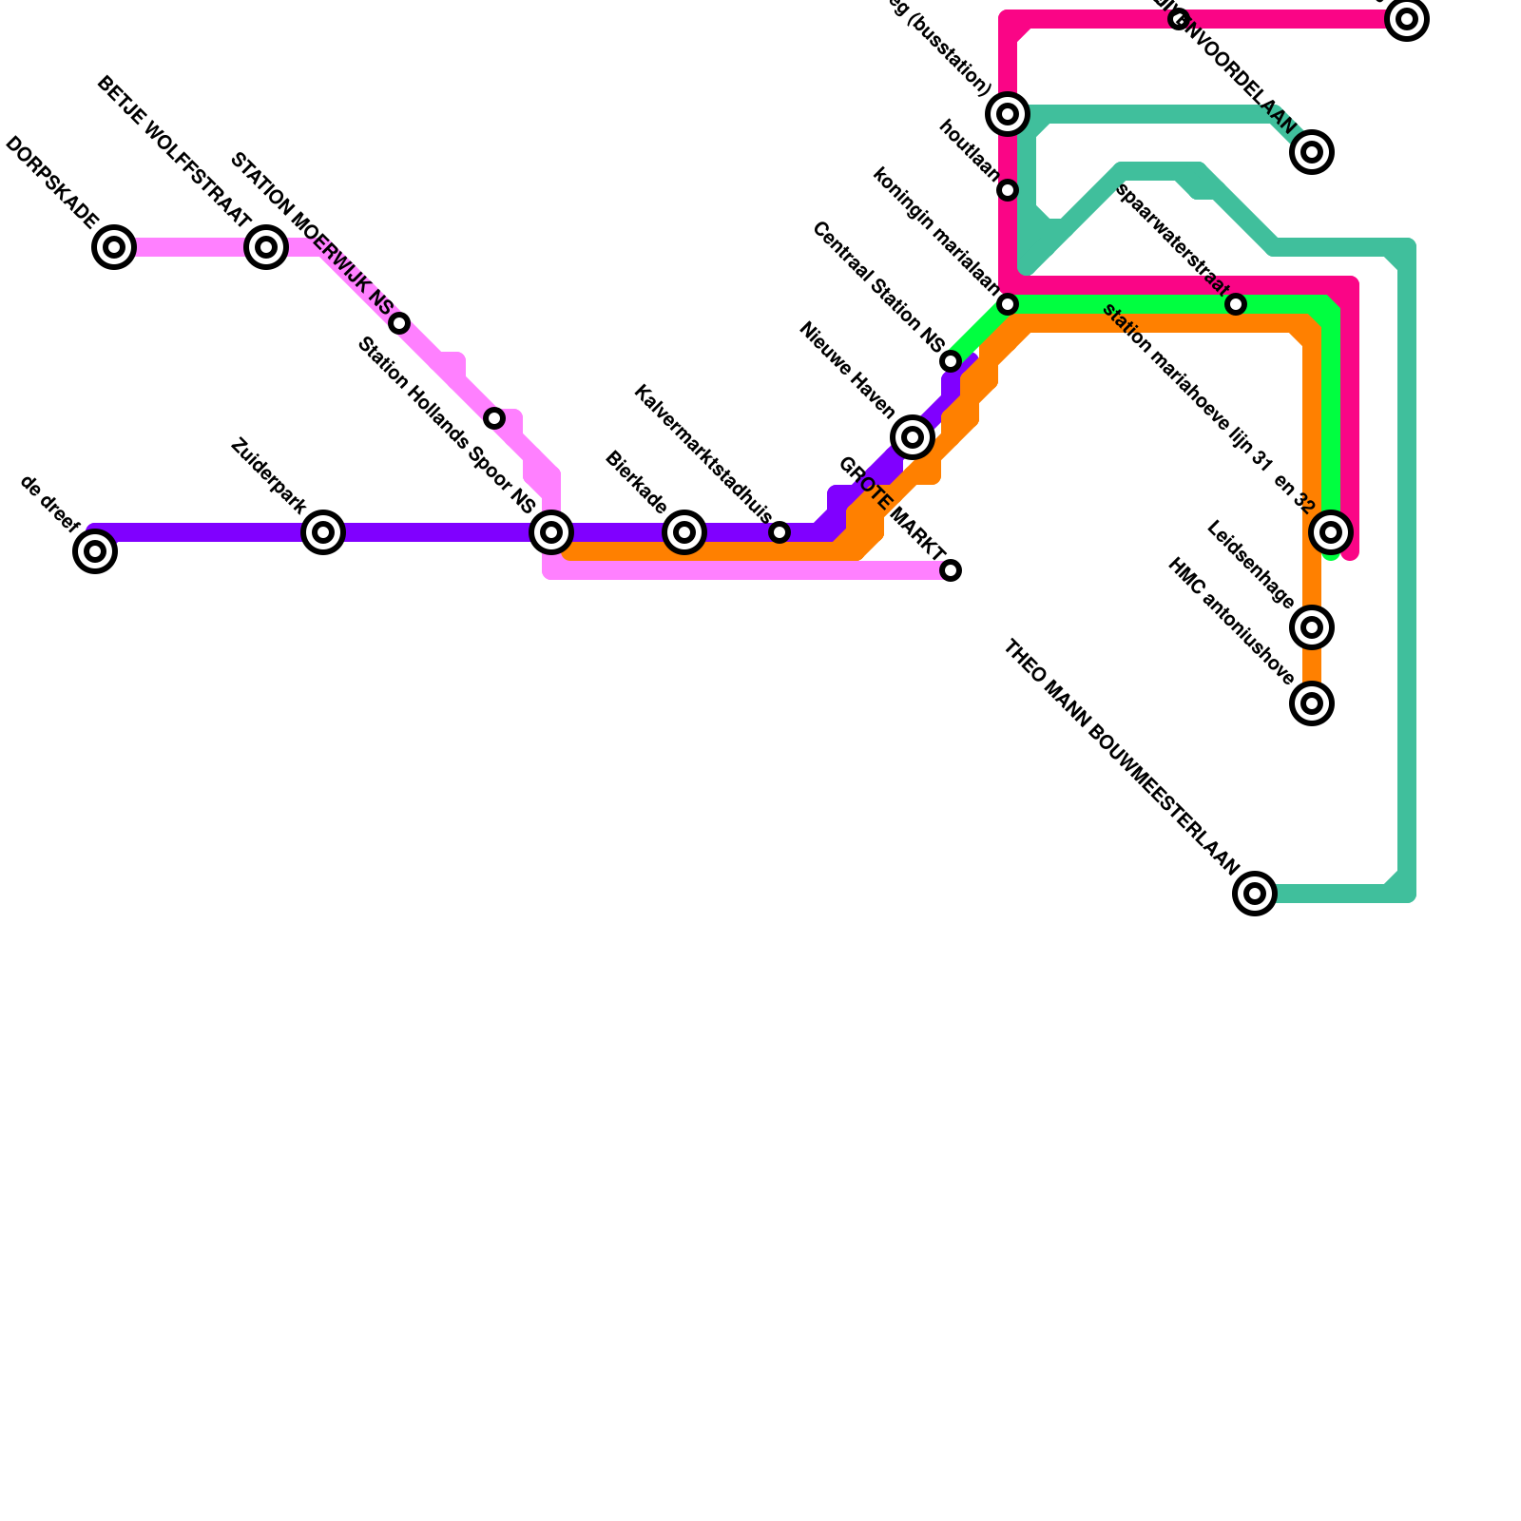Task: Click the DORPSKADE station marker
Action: click(x=114, y=247)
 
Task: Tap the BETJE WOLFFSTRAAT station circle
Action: click(x=266, y=247)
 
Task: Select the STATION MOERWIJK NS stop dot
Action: click(x=399, y=323)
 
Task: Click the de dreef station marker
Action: click(x=95, y=551)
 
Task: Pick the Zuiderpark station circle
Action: click(x=323, y=532)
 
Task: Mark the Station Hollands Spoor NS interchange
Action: click(x=551, y=532)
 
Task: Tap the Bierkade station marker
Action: click(x=684, y=532)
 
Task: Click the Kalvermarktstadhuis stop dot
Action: click(x=780, y=532)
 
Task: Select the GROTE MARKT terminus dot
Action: click(x=951, y=570)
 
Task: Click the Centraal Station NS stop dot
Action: click(x=951, y=361)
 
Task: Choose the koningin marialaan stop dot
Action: click(x=1008, y=304)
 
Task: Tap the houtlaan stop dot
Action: click(x=1008, y=190)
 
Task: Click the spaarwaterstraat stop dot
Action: click(x=1236, y=304)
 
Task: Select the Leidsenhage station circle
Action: click(x=1312, y=627)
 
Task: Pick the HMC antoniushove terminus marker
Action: click(x=1312, y=703)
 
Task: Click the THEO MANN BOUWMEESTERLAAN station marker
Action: click(x=1255, y=894)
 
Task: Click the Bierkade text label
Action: click(x=636, y=483)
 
